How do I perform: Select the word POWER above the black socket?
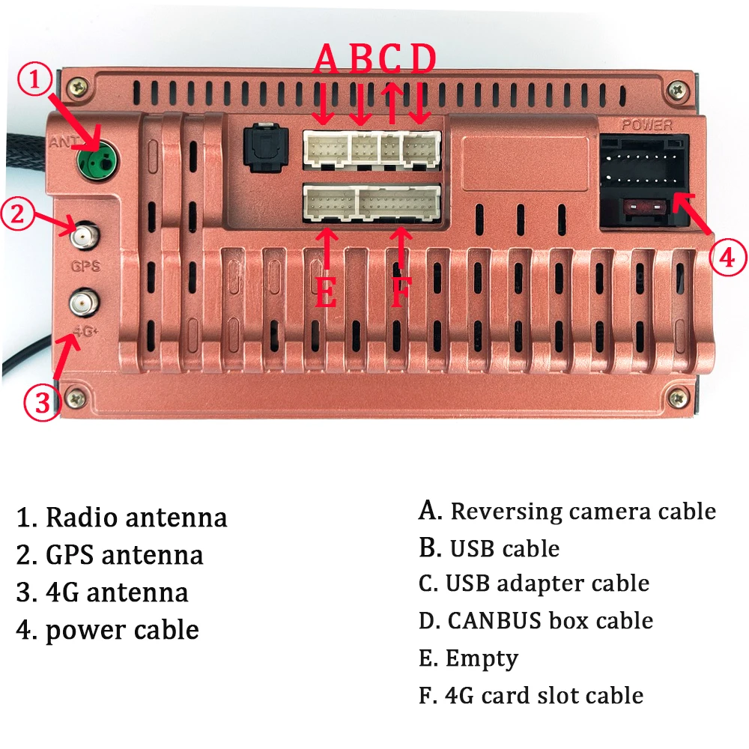[647, 125]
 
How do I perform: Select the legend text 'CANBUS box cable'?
[550, 621]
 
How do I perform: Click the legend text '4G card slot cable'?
[544, 695]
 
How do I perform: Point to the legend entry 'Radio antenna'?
[136, 518]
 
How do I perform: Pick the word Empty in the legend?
[481, 658]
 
